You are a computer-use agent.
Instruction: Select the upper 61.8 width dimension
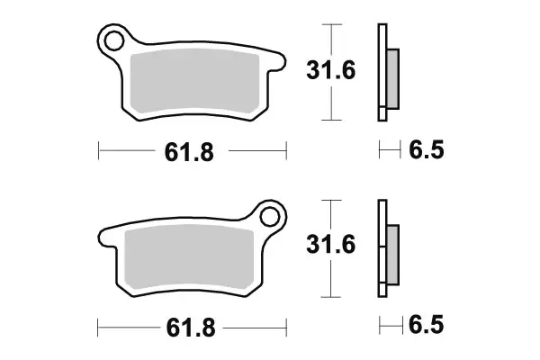[x=189, y=153]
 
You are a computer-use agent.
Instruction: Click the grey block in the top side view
[x=393, y=77]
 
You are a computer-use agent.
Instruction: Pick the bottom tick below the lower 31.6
[x=333, y=295]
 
